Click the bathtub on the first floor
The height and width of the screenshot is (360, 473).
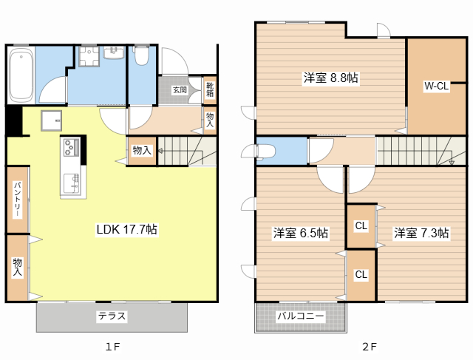[x=21, y=75]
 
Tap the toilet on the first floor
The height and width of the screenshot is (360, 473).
[x=141, y=55]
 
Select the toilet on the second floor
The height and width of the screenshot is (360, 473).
[x=265, y=151]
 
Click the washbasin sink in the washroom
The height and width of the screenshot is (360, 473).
[x=114, y=52]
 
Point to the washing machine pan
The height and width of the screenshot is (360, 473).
[x=89, y=56]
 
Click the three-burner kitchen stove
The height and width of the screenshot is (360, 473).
[x=71, y=147]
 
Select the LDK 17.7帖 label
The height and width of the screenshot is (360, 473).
[x=126, y=229]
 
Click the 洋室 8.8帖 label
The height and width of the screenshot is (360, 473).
[x=331, y=78]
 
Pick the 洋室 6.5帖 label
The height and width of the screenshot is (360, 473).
[x=301, y=233]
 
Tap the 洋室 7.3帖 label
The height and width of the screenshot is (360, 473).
[x=421, y=233]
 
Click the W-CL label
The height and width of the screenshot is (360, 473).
[x=437, y=86]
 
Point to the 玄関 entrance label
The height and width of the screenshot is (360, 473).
[x=180, y=90]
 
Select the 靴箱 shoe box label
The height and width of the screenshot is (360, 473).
[x=210, y=89]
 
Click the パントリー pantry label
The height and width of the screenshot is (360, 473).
[x=18, y=200]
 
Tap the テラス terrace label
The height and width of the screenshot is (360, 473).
[x=112, y=316]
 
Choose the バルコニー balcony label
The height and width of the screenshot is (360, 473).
[x=301, y=316]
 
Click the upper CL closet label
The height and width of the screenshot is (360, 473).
[x=361, y=225]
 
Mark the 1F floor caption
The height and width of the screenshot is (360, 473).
[x=112, y=347]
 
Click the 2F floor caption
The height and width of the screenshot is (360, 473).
[x=370, y=347]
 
